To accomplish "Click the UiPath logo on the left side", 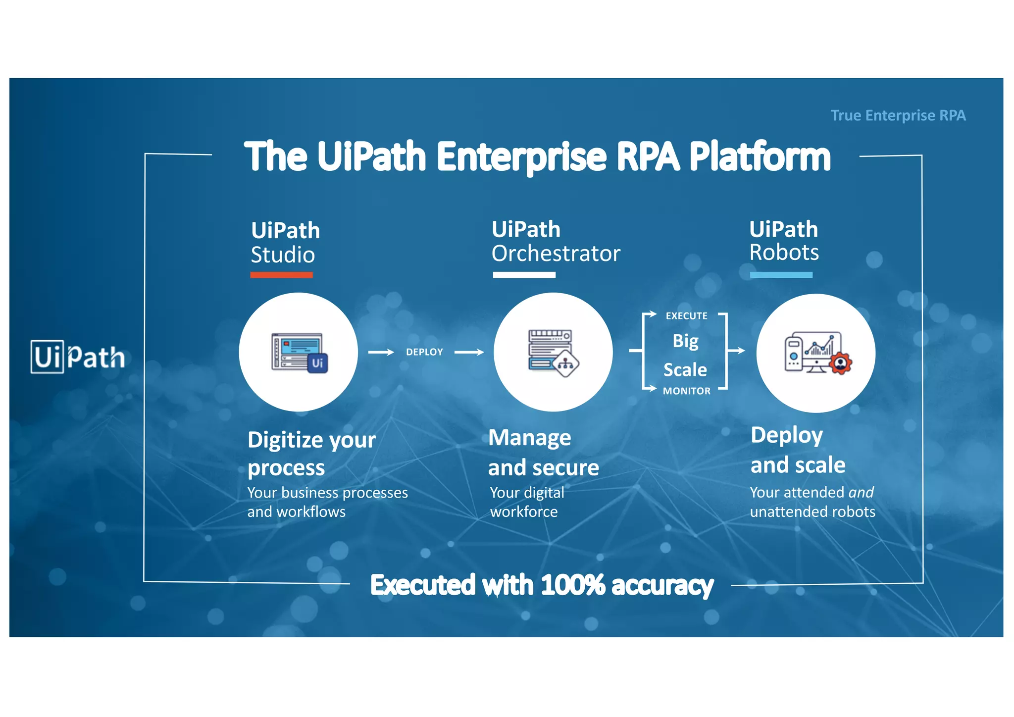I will (78, 357).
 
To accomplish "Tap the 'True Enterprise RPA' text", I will (898, 115).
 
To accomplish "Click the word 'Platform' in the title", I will (760, 157).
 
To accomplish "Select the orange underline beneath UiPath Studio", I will (281, 275).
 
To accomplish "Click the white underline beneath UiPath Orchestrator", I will (524, 275).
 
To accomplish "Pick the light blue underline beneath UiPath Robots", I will (781, 275).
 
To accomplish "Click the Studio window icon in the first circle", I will (299, 353).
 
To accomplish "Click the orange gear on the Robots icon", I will (840, 363).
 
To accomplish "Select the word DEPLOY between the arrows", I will (424, 352).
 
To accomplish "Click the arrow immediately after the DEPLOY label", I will (469, 352).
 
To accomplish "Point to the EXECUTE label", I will (686, 316).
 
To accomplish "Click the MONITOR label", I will (686, 391).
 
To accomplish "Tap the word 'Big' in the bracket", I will (685, 341).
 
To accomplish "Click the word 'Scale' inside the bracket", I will (685, 370).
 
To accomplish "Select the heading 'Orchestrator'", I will (556, 254).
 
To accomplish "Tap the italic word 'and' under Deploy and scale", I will (861, 492).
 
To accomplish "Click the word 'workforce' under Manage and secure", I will (524, 512).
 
